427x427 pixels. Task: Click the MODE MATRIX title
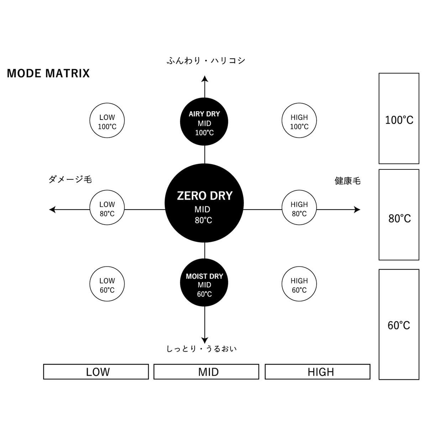click(x=48, y=73)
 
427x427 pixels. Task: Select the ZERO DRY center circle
click(x=204, y=203)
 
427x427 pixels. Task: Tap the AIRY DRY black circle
click(x=204, y=121)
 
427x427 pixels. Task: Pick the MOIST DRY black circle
click(x=204, y=283)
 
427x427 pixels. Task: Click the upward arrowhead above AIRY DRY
click(x=205, y=79)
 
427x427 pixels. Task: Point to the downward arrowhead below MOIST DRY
click(x=205, y=341)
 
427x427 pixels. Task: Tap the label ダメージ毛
click(x=70, y=179)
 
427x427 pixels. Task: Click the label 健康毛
click(x=347, y=181)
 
